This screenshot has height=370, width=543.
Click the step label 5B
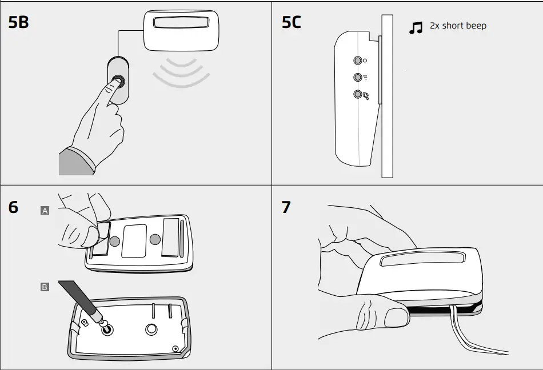pos(19,23)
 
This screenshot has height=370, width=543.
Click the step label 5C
pos(292,23)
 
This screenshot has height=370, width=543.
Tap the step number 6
pos(13,207)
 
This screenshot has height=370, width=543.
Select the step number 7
pos(286,207)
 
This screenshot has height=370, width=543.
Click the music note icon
pos(416,27)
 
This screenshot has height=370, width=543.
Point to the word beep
pos(476,26)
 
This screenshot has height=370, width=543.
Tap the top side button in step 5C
pos(358,60)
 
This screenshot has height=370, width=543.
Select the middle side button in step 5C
pos(358,77)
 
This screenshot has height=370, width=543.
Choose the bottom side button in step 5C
pos(358,94)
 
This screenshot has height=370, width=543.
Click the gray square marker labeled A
pos(45,211)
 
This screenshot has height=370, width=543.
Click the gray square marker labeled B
pos(45,287)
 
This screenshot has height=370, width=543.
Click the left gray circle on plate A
pos(115,242)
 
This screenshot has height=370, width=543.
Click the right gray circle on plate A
pos(154,239)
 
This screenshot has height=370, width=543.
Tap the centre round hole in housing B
pos(151,329)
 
